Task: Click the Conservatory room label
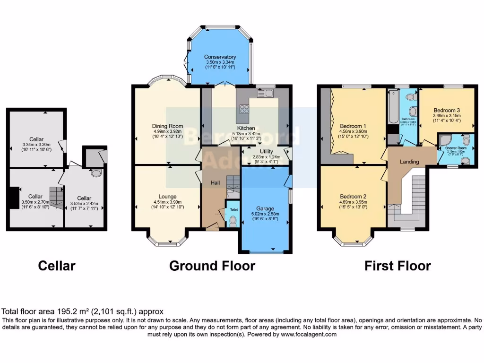tap(220, 57)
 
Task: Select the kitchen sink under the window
tap(269, 94)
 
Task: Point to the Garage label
tap(265, 208)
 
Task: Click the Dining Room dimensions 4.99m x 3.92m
tap(167, 132)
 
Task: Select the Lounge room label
tap(167, 196)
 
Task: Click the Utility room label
tap(266, 151)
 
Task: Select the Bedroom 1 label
tap(353, 126)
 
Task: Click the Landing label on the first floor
tap(409, 162)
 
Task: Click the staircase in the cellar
tap(56, 197)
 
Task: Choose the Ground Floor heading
tap(212, 266)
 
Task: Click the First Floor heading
tap(397, 266)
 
